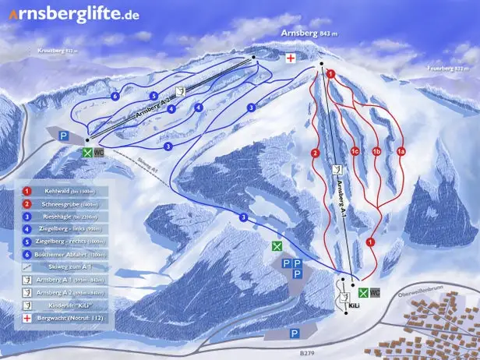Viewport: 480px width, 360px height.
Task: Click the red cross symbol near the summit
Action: pyautogui.click(x=291, y=58)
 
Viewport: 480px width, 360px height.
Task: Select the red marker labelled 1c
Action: pyautogui.click(x=355, y=151)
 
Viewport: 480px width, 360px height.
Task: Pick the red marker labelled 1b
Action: pyautogui.click(x=377, y=151)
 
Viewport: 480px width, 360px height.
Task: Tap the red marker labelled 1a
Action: pyautogui.click(x=401, y=151)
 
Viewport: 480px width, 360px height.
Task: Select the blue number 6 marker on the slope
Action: pyautogui.click(x=115, y=97)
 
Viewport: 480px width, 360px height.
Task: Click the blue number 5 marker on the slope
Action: pyautogui.click(x=154, y=96)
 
